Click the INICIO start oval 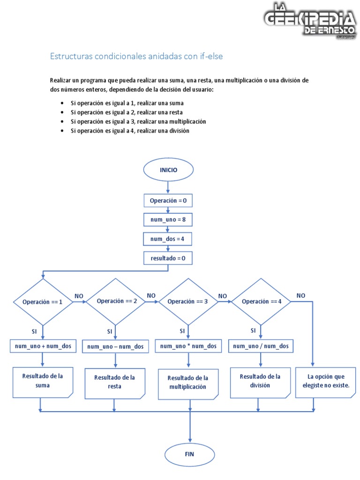[168, 170]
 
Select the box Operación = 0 [168, 201]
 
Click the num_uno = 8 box [168, 219]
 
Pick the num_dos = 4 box [168, 239]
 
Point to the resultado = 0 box [168, 258]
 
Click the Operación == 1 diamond [43, 302]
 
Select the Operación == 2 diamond [115, 301]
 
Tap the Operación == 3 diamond [188, 301]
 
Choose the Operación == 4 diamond [261, 301]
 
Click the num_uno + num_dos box [43, 346]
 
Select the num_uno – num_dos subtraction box [115, 346]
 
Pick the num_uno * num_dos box [188, 346]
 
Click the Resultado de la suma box [43, 381]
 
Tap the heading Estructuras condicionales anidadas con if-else [136, 56]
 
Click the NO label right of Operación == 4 [300, 295]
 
